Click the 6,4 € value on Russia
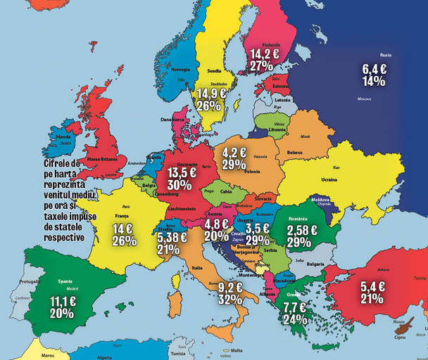374,69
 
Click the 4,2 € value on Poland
234,152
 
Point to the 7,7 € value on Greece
294,307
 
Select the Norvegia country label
181,69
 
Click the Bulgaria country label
315,264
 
